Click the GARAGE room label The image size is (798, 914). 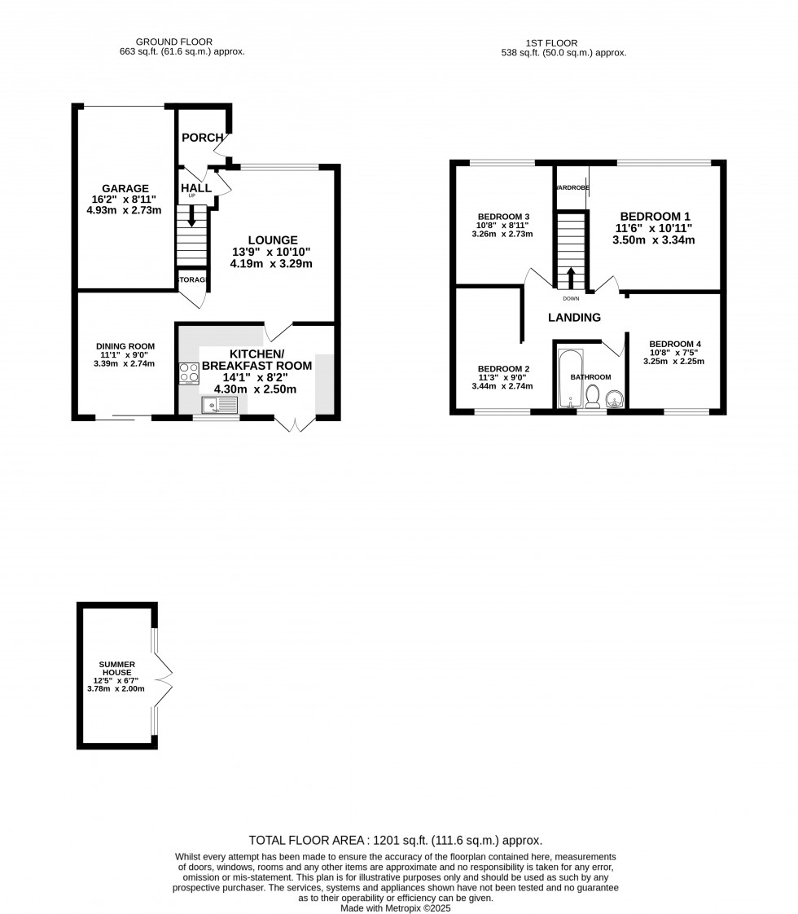point(125,188)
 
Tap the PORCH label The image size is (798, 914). point(202,138)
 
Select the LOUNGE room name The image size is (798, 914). point(272,240)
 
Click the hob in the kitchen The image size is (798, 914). point(189,373)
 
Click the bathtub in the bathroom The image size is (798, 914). point(569,380)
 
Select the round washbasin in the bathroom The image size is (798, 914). point(615,398)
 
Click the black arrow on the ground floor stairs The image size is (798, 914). point(191,218)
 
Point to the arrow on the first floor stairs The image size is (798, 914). point(571,276)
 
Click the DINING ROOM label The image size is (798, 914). point(124,346)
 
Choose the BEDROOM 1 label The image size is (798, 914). point(653,216)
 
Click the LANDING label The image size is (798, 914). point(574,318)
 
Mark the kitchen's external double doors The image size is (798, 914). point(295,424)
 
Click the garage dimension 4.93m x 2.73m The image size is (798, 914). point(125,210)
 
